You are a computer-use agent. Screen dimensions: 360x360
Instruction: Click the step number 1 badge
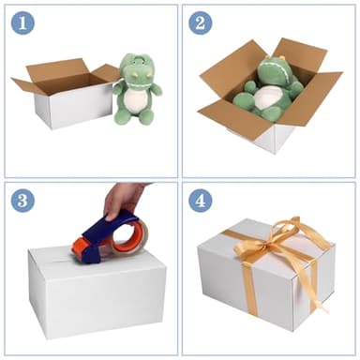22,22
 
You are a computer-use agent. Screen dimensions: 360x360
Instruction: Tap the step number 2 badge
200,22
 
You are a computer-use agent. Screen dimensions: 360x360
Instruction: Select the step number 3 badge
22,200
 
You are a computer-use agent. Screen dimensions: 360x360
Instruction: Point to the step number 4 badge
200,200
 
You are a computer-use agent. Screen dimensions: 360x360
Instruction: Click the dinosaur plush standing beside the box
138,91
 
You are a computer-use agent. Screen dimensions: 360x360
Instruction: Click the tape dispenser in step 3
111,237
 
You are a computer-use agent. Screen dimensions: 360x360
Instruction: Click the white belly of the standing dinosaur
138,101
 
